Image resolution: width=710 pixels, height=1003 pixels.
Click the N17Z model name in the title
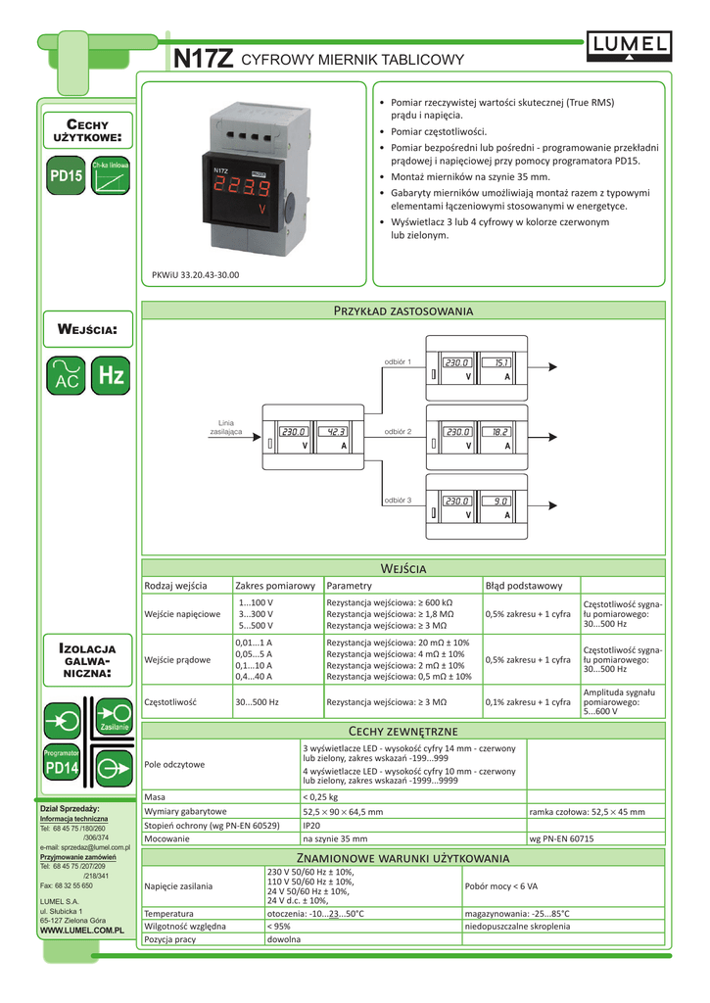204,60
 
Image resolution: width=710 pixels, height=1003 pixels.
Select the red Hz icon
112,375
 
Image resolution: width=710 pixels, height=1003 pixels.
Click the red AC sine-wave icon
67,375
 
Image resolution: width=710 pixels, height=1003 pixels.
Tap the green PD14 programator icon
61,769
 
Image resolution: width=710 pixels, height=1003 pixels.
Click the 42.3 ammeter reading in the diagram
336,431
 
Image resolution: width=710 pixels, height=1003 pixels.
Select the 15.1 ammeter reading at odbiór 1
500,362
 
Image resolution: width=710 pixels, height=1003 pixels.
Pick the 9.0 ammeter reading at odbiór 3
500,501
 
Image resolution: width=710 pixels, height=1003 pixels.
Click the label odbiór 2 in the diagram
398,431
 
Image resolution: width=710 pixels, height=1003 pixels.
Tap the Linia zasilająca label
226,427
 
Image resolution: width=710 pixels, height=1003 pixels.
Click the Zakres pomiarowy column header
274,586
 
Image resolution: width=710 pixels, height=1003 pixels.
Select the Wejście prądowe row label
177,659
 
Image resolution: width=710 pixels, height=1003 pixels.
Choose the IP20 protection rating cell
311,826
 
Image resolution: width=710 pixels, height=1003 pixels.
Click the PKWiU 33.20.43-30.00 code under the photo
196,275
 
